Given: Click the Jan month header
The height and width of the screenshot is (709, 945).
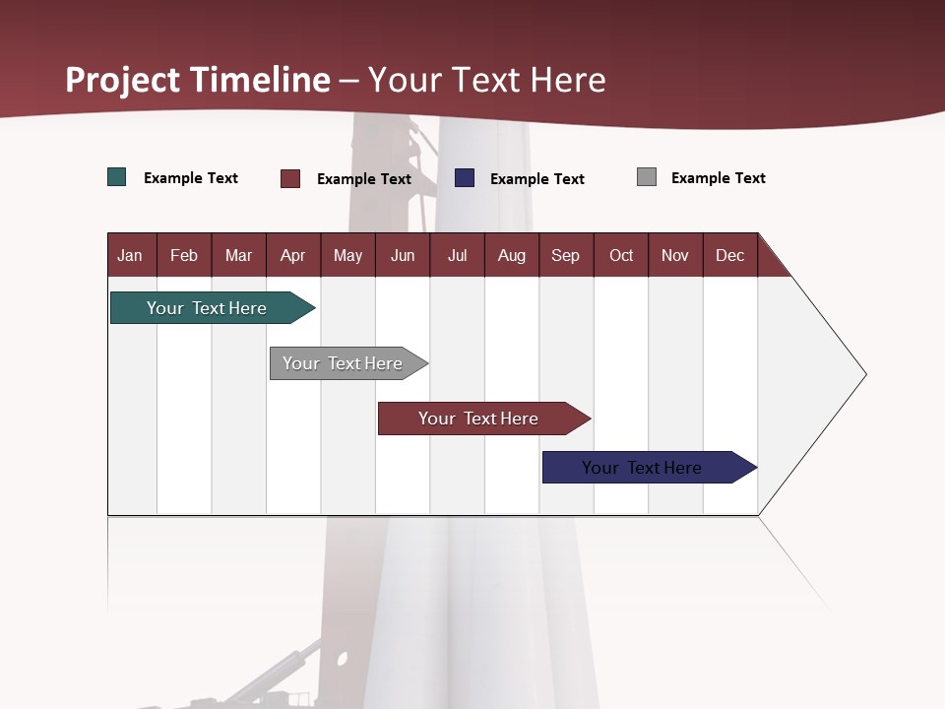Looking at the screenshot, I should point(131,255).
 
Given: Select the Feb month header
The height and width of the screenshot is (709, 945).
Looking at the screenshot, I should point(184,255).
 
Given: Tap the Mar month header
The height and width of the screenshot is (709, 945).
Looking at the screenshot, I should point(238,255).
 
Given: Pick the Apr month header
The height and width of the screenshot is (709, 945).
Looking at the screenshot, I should point(293,255).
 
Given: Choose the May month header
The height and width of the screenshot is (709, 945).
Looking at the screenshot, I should point(347,255).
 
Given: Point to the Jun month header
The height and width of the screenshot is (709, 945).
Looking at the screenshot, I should point(403,255).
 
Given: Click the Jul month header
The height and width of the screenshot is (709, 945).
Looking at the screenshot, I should point(457,255).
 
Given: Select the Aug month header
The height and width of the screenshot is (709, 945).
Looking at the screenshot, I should point(512,255).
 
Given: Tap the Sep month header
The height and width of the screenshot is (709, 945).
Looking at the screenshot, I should point(566,255).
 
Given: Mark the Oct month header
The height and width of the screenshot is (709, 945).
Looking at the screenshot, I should point(621,255).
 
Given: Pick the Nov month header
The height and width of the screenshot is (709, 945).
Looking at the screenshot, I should point(675,255).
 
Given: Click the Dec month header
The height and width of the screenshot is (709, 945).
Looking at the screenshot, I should point(730,255).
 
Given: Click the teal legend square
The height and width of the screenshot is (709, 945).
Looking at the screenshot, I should point(117,177).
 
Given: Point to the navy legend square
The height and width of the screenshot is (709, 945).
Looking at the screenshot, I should point(465,178).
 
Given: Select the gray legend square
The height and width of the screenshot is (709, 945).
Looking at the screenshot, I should point(647,177).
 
